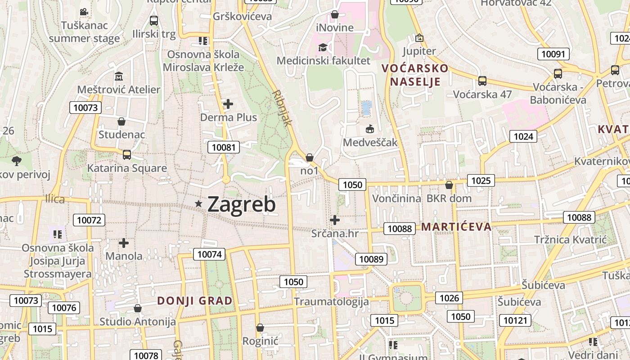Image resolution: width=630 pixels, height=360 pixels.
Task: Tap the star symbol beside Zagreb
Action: click(198, 204)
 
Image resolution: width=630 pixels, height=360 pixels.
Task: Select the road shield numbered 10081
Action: click(224, 147)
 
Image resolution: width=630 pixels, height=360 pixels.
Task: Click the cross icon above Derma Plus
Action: click(228, 104)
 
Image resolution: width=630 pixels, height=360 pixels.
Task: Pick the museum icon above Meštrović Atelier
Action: click(119, 76)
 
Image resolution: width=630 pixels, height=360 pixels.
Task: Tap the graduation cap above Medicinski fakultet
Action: click(323, 47)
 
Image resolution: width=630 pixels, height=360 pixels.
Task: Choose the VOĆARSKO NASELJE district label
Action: click(415, 75)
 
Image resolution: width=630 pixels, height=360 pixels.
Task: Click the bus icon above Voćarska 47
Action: click(482, 81)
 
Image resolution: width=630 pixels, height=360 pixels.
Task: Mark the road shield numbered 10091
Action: click(553, 54)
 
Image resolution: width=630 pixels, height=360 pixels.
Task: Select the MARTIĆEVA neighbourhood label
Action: click(456, 226)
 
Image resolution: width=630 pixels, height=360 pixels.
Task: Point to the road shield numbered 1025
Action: click(481, 181)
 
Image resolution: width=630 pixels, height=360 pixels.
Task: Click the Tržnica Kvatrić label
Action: click(571, 239)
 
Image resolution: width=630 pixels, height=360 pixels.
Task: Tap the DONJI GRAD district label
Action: click(195, 301)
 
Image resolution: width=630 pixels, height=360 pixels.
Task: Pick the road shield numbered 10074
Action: click(210, 254)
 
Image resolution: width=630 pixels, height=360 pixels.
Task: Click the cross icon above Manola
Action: click(124, 243)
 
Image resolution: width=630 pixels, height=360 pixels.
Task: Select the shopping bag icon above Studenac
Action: click(121, 121)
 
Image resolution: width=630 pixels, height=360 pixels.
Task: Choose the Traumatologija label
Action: click(331, 301)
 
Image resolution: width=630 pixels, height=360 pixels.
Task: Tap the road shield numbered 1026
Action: click(449, 297)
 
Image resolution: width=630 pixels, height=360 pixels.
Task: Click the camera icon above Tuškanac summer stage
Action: click(84, 12)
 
